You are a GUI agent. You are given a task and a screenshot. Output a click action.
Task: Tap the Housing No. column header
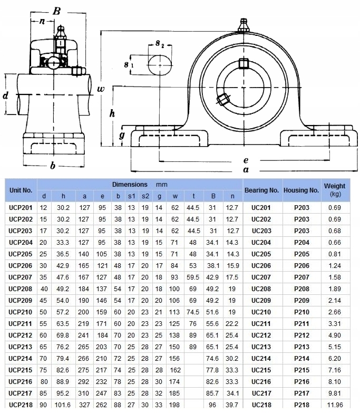pyautogui.click(x=301, y=190)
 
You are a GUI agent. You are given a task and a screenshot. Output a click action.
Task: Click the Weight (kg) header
pyautogui.click(x=335, y=189)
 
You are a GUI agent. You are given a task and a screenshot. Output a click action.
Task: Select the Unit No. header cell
pyautogui.click(x=21, y=190)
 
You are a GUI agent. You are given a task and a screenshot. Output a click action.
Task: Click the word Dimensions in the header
pyautogui.click(x=130, y=185)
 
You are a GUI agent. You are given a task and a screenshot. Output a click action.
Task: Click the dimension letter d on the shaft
pyautogui.click(x=5, y=95)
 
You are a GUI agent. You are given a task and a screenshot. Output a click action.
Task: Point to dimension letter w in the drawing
pyautogui.click(x=101, y=88)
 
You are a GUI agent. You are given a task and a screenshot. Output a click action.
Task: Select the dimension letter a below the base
pyautogui.click(x=246, y=169)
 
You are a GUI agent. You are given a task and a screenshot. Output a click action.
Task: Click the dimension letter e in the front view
pyautogui.click(x=246, y=160)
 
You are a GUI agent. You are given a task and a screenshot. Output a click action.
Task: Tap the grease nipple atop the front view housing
pyautogui.click(x=243, y=25)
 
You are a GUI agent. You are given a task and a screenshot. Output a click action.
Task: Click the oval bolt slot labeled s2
pyautogui.click(x=160, y=64)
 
